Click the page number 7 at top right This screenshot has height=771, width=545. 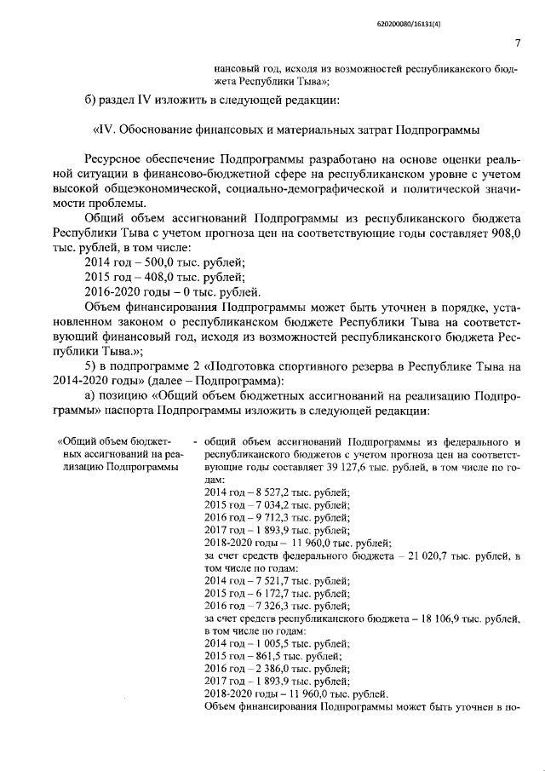point(519,43)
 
